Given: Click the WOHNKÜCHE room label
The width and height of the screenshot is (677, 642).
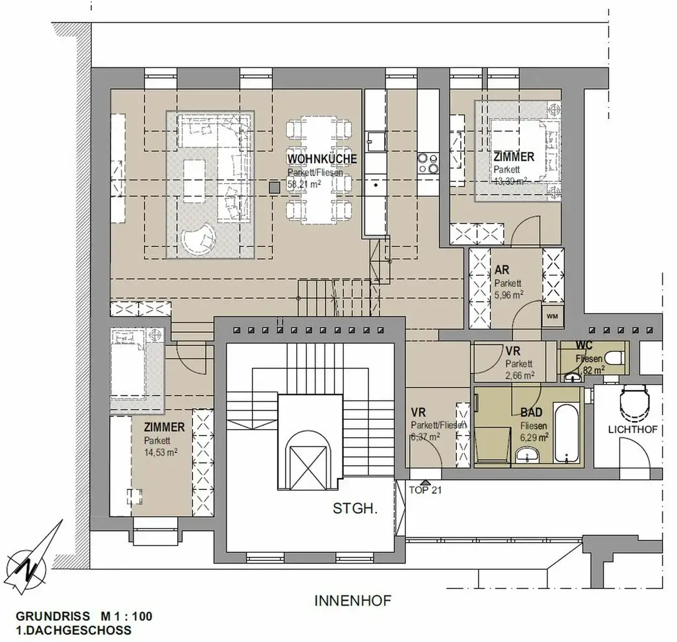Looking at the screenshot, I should tap(322, 159).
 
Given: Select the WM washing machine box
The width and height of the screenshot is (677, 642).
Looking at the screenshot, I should tap(551, 316).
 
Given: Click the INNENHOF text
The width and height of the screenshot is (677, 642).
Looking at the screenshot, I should tap(352, 600).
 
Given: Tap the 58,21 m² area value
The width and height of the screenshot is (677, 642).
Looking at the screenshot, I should tap(304, 185).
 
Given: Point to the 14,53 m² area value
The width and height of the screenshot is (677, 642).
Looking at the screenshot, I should tap(161, 452).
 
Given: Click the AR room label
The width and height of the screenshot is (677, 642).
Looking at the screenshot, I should tap(500, 270).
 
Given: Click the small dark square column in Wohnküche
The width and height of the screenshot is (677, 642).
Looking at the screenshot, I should tap(273, 188).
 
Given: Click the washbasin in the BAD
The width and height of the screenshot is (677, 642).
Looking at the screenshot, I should tap(528, 454).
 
